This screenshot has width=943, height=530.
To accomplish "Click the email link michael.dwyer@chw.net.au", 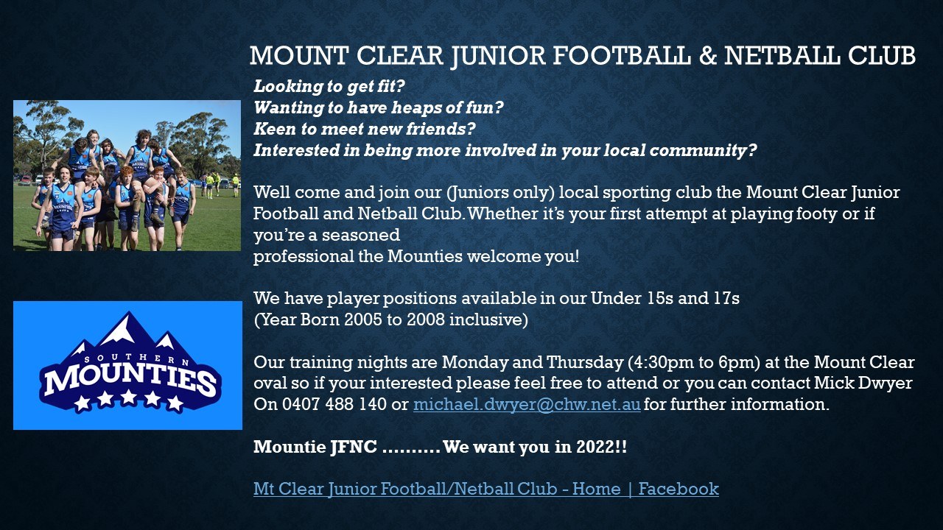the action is click(x=527, y=405).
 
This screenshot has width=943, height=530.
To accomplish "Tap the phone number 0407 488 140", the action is click(x=334, y=404).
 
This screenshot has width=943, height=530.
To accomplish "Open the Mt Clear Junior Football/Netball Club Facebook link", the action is click(x=485, y=490).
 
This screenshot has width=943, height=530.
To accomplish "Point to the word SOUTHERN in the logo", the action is click(x=136, y=358).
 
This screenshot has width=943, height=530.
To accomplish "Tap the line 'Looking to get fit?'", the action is click(x=329, y=87).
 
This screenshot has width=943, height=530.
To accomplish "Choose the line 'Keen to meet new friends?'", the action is click(x=364, y=129).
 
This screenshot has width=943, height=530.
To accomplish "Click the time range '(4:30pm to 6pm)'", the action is click(x=694, y=363).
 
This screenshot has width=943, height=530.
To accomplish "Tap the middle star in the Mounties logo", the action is click(x=128, y=397).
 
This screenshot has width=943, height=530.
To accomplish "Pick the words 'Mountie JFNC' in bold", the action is click(x=315, y=447).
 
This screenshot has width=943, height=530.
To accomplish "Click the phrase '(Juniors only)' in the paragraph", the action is click(x=500, y=193).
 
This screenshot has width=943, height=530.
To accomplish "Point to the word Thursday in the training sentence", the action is click(x=584, y=363).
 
